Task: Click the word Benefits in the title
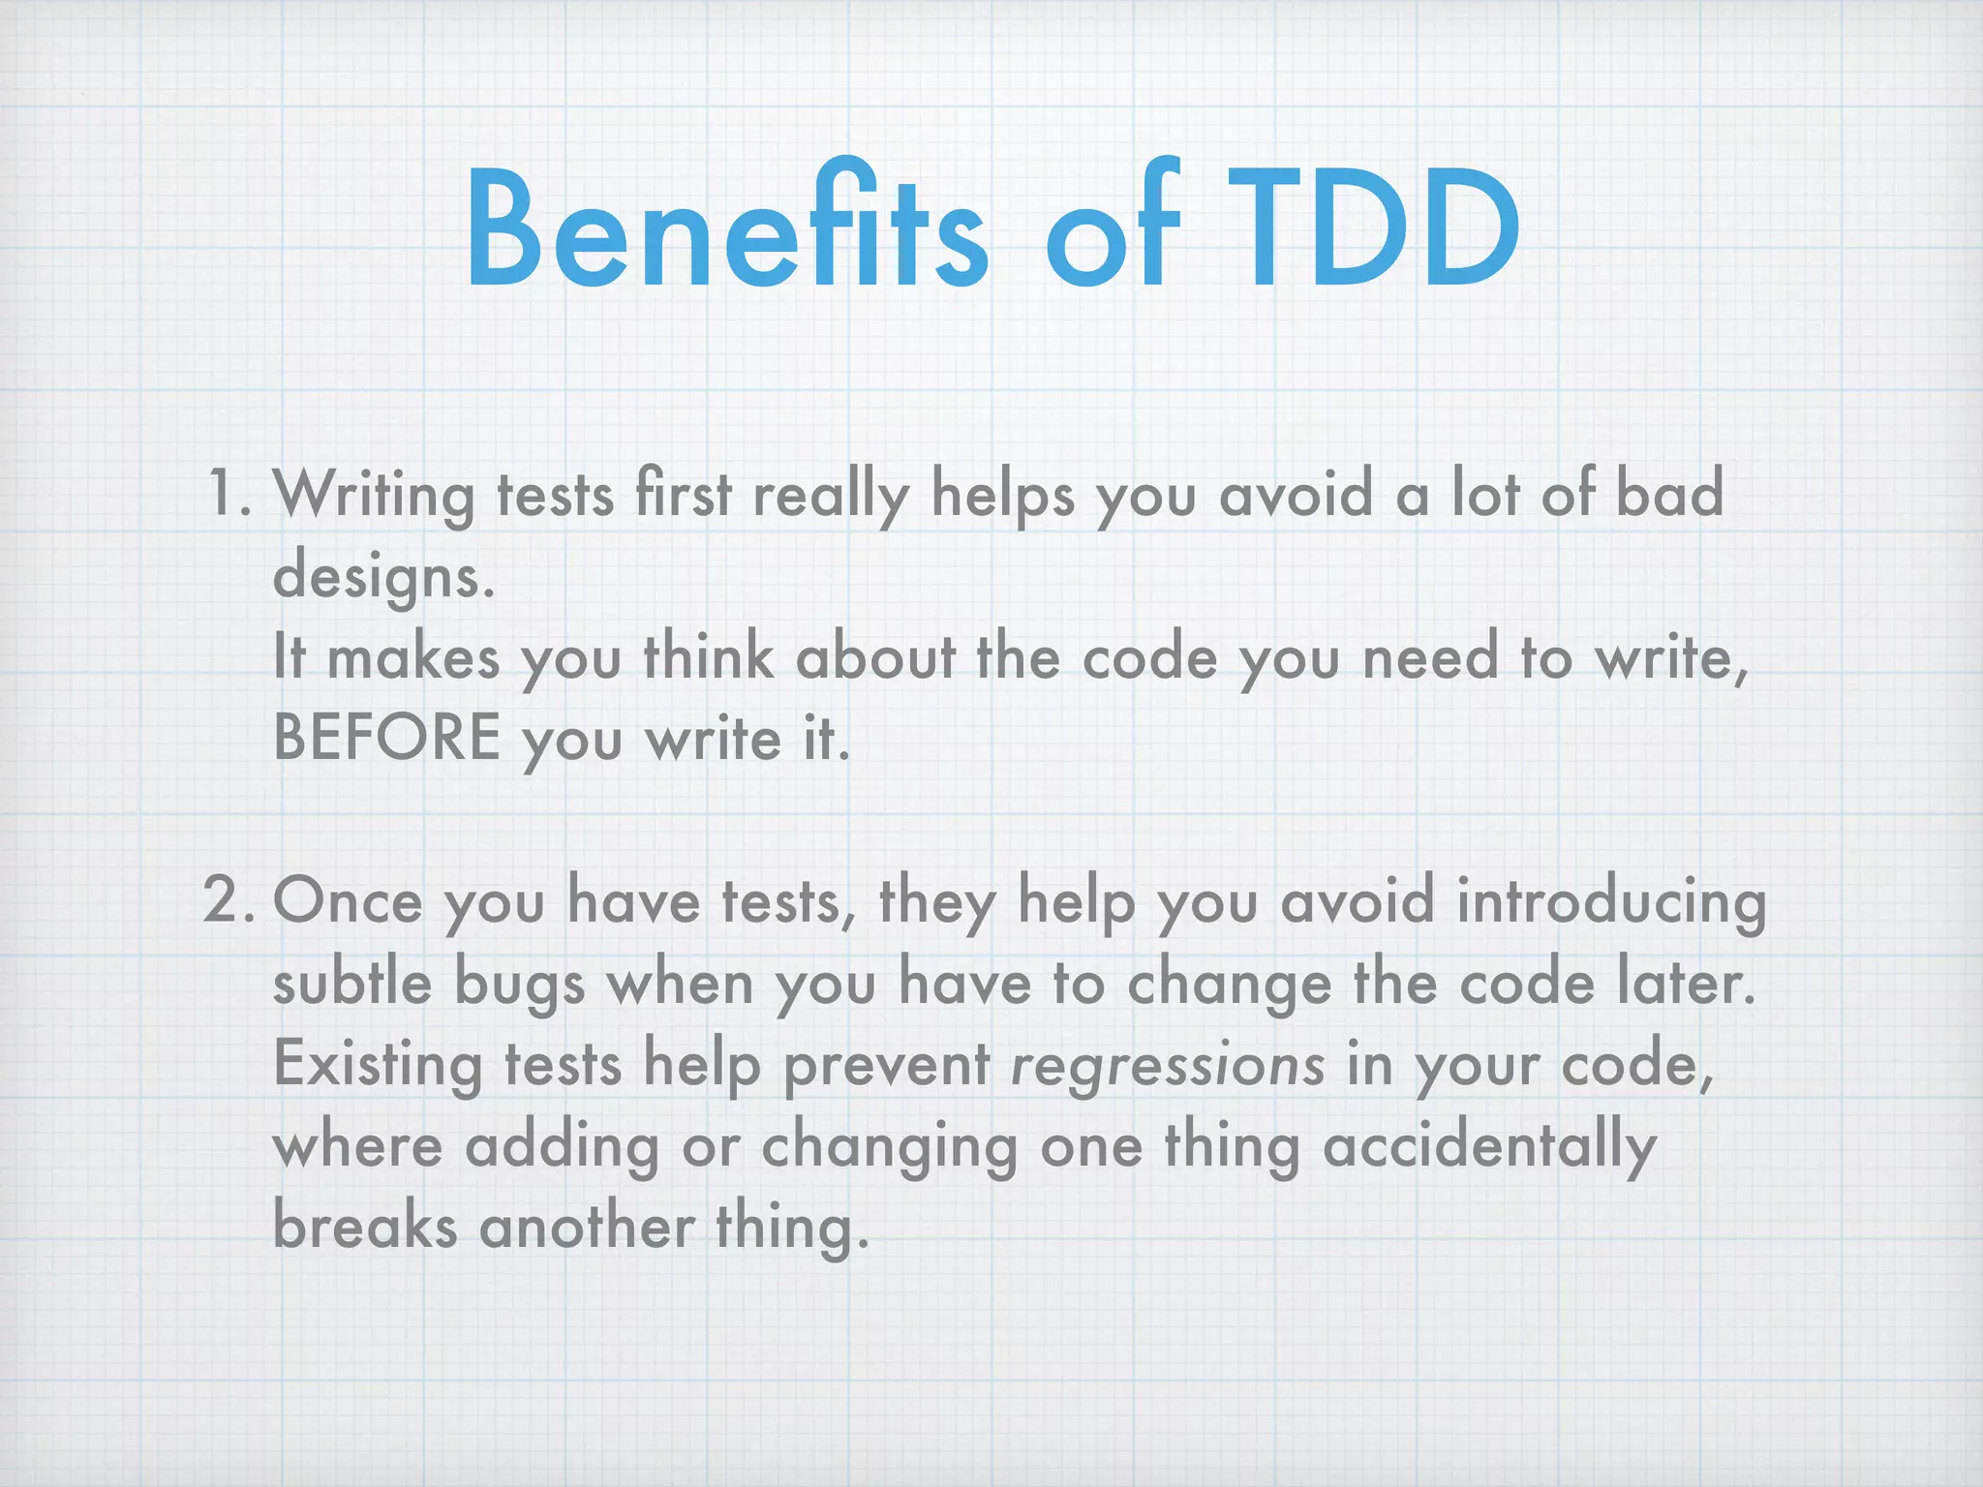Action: [x=727, y=230]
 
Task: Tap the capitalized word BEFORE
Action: [x=387, y=738]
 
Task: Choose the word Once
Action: [x=349, y=901]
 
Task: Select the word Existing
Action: [x=378, y=1066]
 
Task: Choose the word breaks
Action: [x=364, y=1227]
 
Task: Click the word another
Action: [x=587, y=1227]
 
